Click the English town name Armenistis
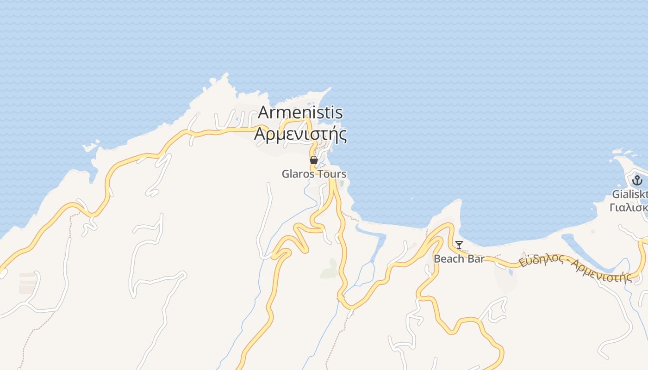pos(300,112)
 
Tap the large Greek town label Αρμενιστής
pos(300,134)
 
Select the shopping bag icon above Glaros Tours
pos(313,160)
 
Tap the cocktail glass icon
pos(459,245)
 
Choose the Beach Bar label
pos(459,259)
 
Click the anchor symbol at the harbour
pos(637,180)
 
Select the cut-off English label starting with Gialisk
pos(629,194)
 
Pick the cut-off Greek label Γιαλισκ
pos(629,207)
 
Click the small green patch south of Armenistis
pos(329,269)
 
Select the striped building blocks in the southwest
pos(27,283)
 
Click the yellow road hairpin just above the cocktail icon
pos(448,227)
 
